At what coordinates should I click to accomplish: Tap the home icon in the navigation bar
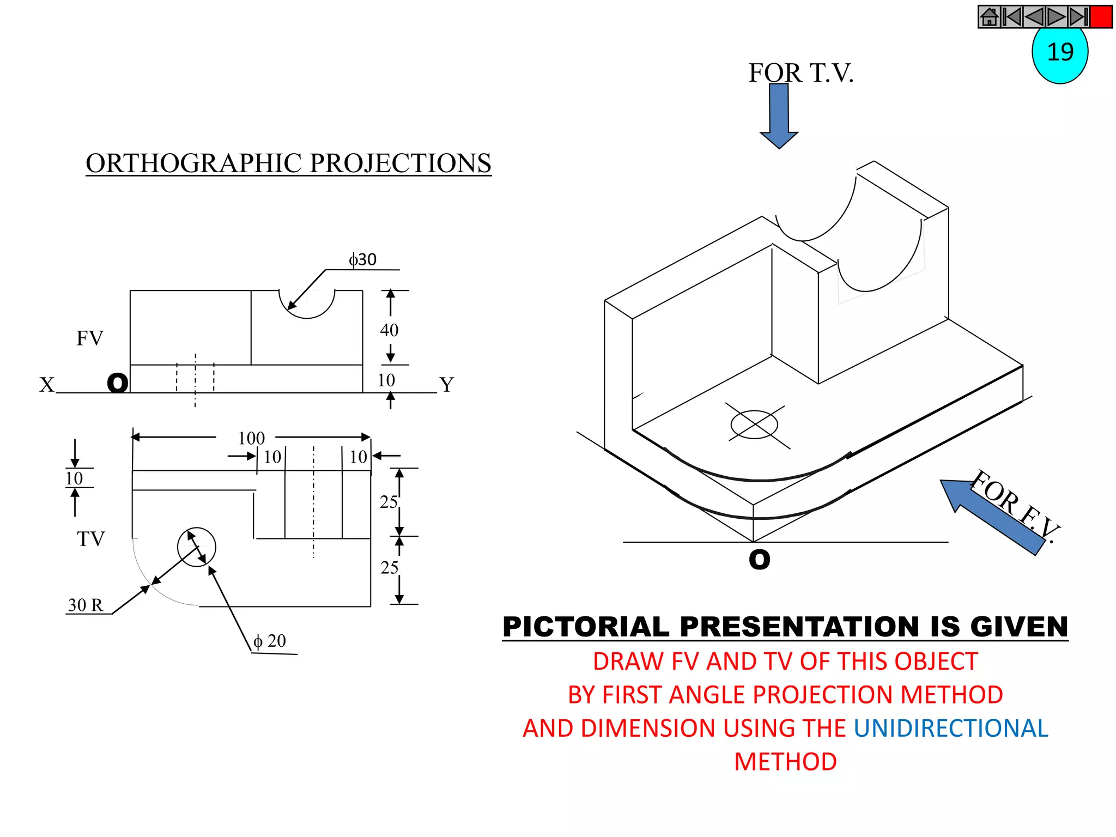click(989, 17)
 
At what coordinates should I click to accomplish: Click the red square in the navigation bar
click(1101, 17)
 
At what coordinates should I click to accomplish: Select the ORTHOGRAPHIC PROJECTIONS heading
click(288, 163)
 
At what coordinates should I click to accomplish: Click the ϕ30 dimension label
click(362, 259)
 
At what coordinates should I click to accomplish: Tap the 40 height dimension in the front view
click(389, 330)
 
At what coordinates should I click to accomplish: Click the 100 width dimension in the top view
click(251, 438)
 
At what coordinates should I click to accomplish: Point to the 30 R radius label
click(86, 605)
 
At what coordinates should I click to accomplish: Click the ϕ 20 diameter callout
click(270, 641)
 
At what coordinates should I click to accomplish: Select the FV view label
click(89, 338)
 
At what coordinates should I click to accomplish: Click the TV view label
click(90, 539)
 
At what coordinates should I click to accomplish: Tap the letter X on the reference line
click(47, 385)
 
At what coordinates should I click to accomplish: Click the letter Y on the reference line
click(447, 385)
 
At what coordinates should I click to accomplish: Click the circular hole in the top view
click(197, 547)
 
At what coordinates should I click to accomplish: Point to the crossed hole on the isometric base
click(754, 424)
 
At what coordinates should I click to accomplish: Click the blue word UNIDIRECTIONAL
click(950, 729)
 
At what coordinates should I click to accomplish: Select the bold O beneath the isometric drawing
click(759, 560)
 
